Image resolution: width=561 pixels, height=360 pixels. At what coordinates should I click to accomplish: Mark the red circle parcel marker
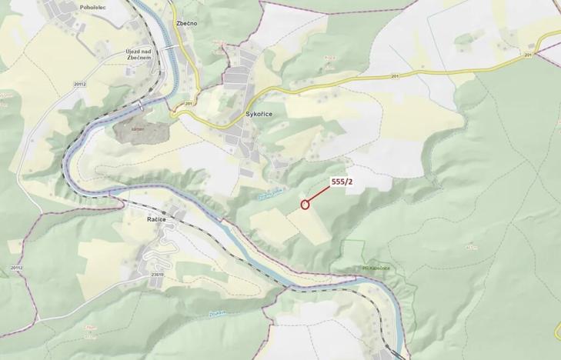coord(305,205)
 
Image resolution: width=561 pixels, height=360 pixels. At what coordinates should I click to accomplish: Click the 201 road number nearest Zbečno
coord(189,103)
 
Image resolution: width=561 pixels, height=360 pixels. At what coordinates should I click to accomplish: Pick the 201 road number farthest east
coord(528,55)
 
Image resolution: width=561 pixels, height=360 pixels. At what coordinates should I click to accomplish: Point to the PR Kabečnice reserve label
coord(351,268)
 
